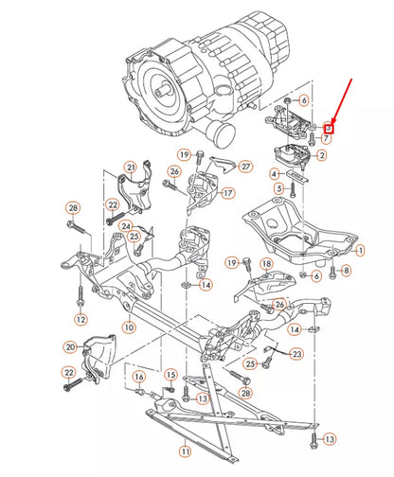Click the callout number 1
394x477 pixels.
(359, 250)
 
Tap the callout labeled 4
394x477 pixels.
(274, 174)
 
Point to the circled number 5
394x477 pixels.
(279, 189)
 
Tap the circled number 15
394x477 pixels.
(171, 376)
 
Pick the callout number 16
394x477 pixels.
(139, 377)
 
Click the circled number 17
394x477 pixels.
(227, 193)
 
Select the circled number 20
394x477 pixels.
(70, 348)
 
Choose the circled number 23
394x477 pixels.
(296, 354)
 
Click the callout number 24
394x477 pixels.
(126, 226)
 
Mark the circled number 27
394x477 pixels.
(246, 167)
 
